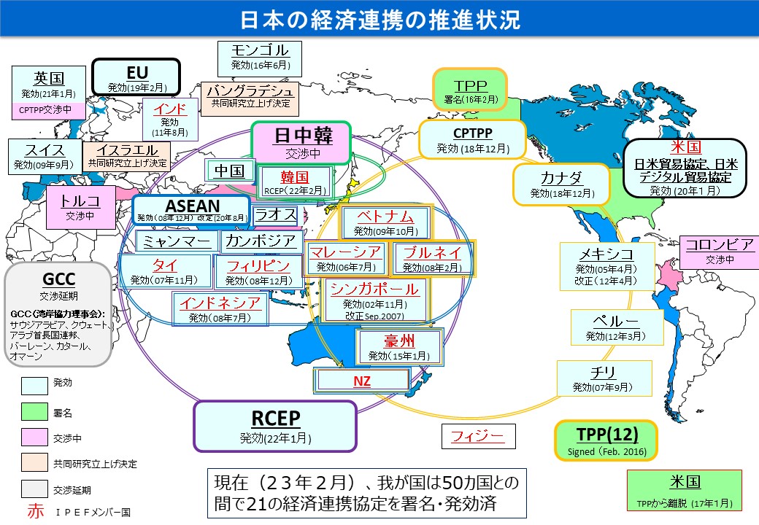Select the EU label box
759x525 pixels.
coord(137,78)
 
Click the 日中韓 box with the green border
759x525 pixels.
coord(301,143)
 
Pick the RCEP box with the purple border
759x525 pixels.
coord(275,426)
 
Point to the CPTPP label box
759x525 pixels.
coord(472,139)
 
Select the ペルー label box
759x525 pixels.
coord(616,327)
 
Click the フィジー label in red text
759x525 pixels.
coord(478,437)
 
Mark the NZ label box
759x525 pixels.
coord(361,380)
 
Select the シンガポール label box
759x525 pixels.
coord(374,299)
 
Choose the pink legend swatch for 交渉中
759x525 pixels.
coord(33,438)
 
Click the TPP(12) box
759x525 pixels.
coord(606,440)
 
